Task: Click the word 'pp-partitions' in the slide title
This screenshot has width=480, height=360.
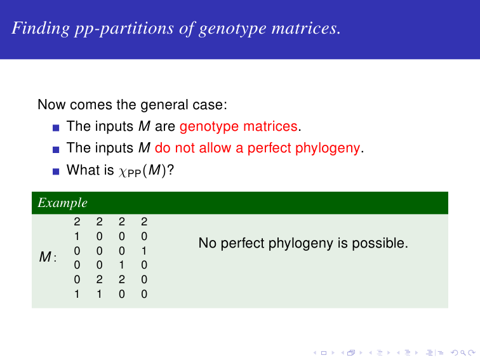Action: coord(124,29)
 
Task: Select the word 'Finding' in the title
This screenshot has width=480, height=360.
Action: coord(41,29)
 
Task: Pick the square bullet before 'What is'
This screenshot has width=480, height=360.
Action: coord(56,171)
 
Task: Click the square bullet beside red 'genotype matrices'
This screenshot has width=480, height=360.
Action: coord(56,128)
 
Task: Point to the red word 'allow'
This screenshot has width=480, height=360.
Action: coord(215,148)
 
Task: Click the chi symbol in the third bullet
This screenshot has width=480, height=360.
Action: coord(122,171)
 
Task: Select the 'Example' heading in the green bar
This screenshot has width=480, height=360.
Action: coord(62,203)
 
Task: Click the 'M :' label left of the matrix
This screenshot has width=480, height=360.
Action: coord(48,257)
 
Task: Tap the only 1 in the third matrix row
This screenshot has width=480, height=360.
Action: coord(144,251)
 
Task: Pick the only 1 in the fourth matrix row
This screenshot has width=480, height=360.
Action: coord(121,265)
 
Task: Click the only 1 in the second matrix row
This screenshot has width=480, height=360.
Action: coord(77,236)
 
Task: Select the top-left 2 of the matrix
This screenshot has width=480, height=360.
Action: coord(77,222)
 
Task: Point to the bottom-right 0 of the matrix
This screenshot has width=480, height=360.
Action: coord(144,294)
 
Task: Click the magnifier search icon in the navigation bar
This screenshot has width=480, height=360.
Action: coord(463,353)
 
